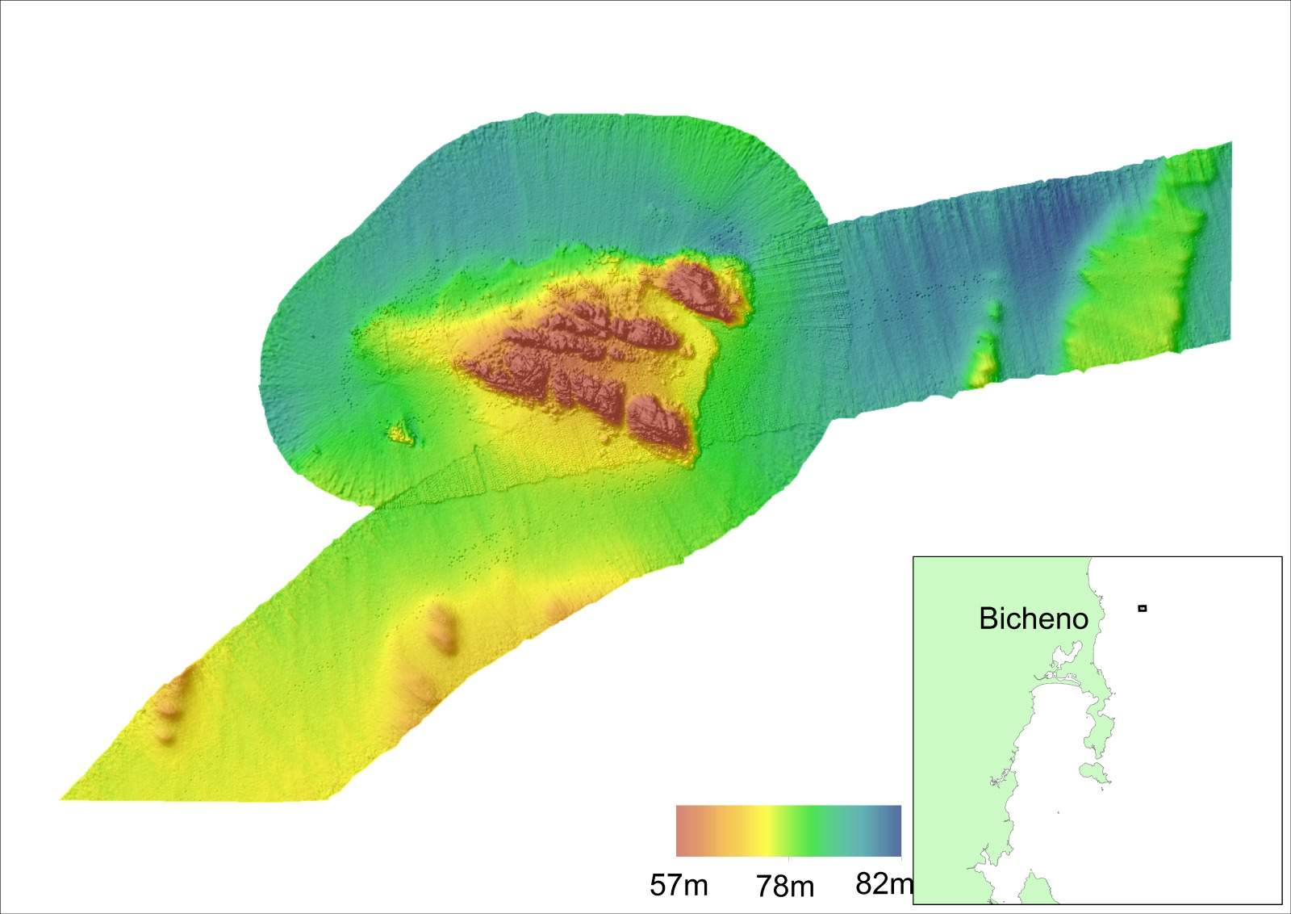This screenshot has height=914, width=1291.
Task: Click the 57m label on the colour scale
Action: click(x=679, y=886)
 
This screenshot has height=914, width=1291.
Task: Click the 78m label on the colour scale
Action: click(x=785, y=887)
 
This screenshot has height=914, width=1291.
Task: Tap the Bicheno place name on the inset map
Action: click(x=1033, y=618)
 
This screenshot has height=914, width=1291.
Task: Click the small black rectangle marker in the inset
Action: click(x=1142, y=608)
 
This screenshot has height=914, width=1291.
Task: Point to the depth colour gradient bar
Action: click(x=788, y=830)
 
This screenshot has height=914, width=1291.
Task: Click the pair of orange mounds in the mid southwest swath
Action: click(x=443, y=631)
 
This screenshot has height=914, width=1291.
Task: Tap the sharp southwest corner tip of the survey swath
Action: click(x=63, y=799)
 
